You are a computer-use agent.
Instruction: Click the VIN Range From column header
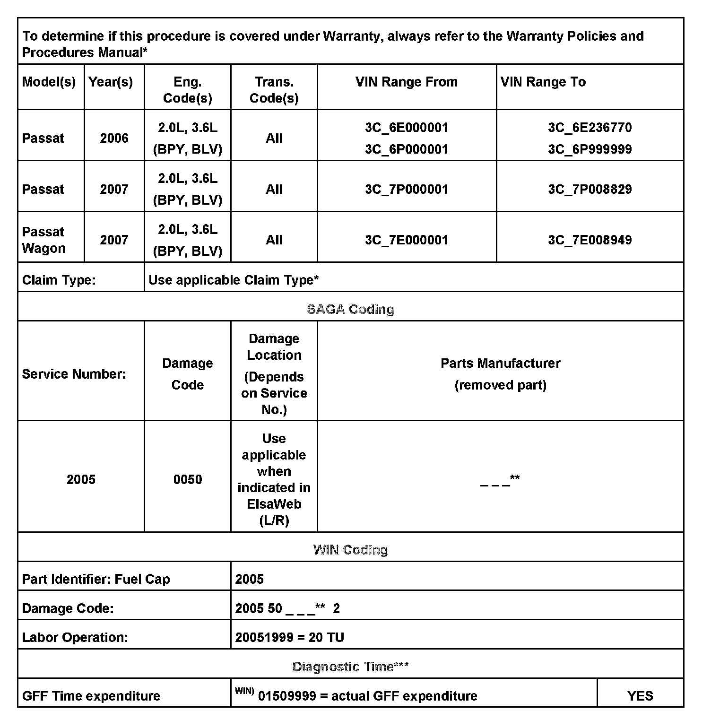coord(407,82)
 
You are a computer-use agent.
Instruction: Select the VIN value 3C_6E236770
coord(590,128)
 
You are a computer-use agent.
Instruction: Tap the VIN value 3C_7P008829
coord(590,190)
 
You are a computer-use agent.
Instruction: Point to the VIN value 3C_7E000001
coord(407,240)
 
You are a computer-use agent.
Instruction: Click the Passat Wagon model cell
coord(43,240)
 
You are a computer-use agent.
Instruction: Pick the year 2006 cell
coord(114,139)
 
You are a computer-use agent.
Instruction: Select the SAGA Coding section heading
coord(350,309)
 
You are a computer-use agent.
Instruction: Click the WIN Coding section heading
coord(350,550)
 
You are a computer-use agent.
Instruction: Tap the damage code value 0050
coord(188,480)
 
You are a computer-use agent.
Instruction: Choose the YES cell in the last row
coord(640,696)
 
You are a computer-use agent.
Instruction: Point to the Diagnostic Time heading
coord(350,667)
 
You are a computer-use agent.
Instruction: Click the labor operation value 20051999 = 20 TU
coord(289,637)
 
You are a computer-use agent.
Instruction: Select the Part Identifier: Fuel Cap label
coord(96,580)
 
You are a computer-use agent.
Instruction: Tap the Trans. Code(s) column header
coord(274,90)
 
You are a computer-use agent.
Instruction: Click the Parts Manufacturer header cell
coord(500,374)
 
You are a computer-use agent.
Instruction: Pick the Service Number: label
coord(74,374)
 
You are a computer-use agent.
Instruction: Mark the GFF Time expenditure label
coord(91,696)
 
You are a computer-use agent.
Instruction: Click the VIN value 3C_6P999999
coord(590,149)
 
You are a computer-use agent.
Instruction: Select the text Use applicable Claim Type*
coord(234,280)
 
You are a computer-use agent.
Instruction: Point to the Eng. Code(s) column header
coord(188,90)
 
